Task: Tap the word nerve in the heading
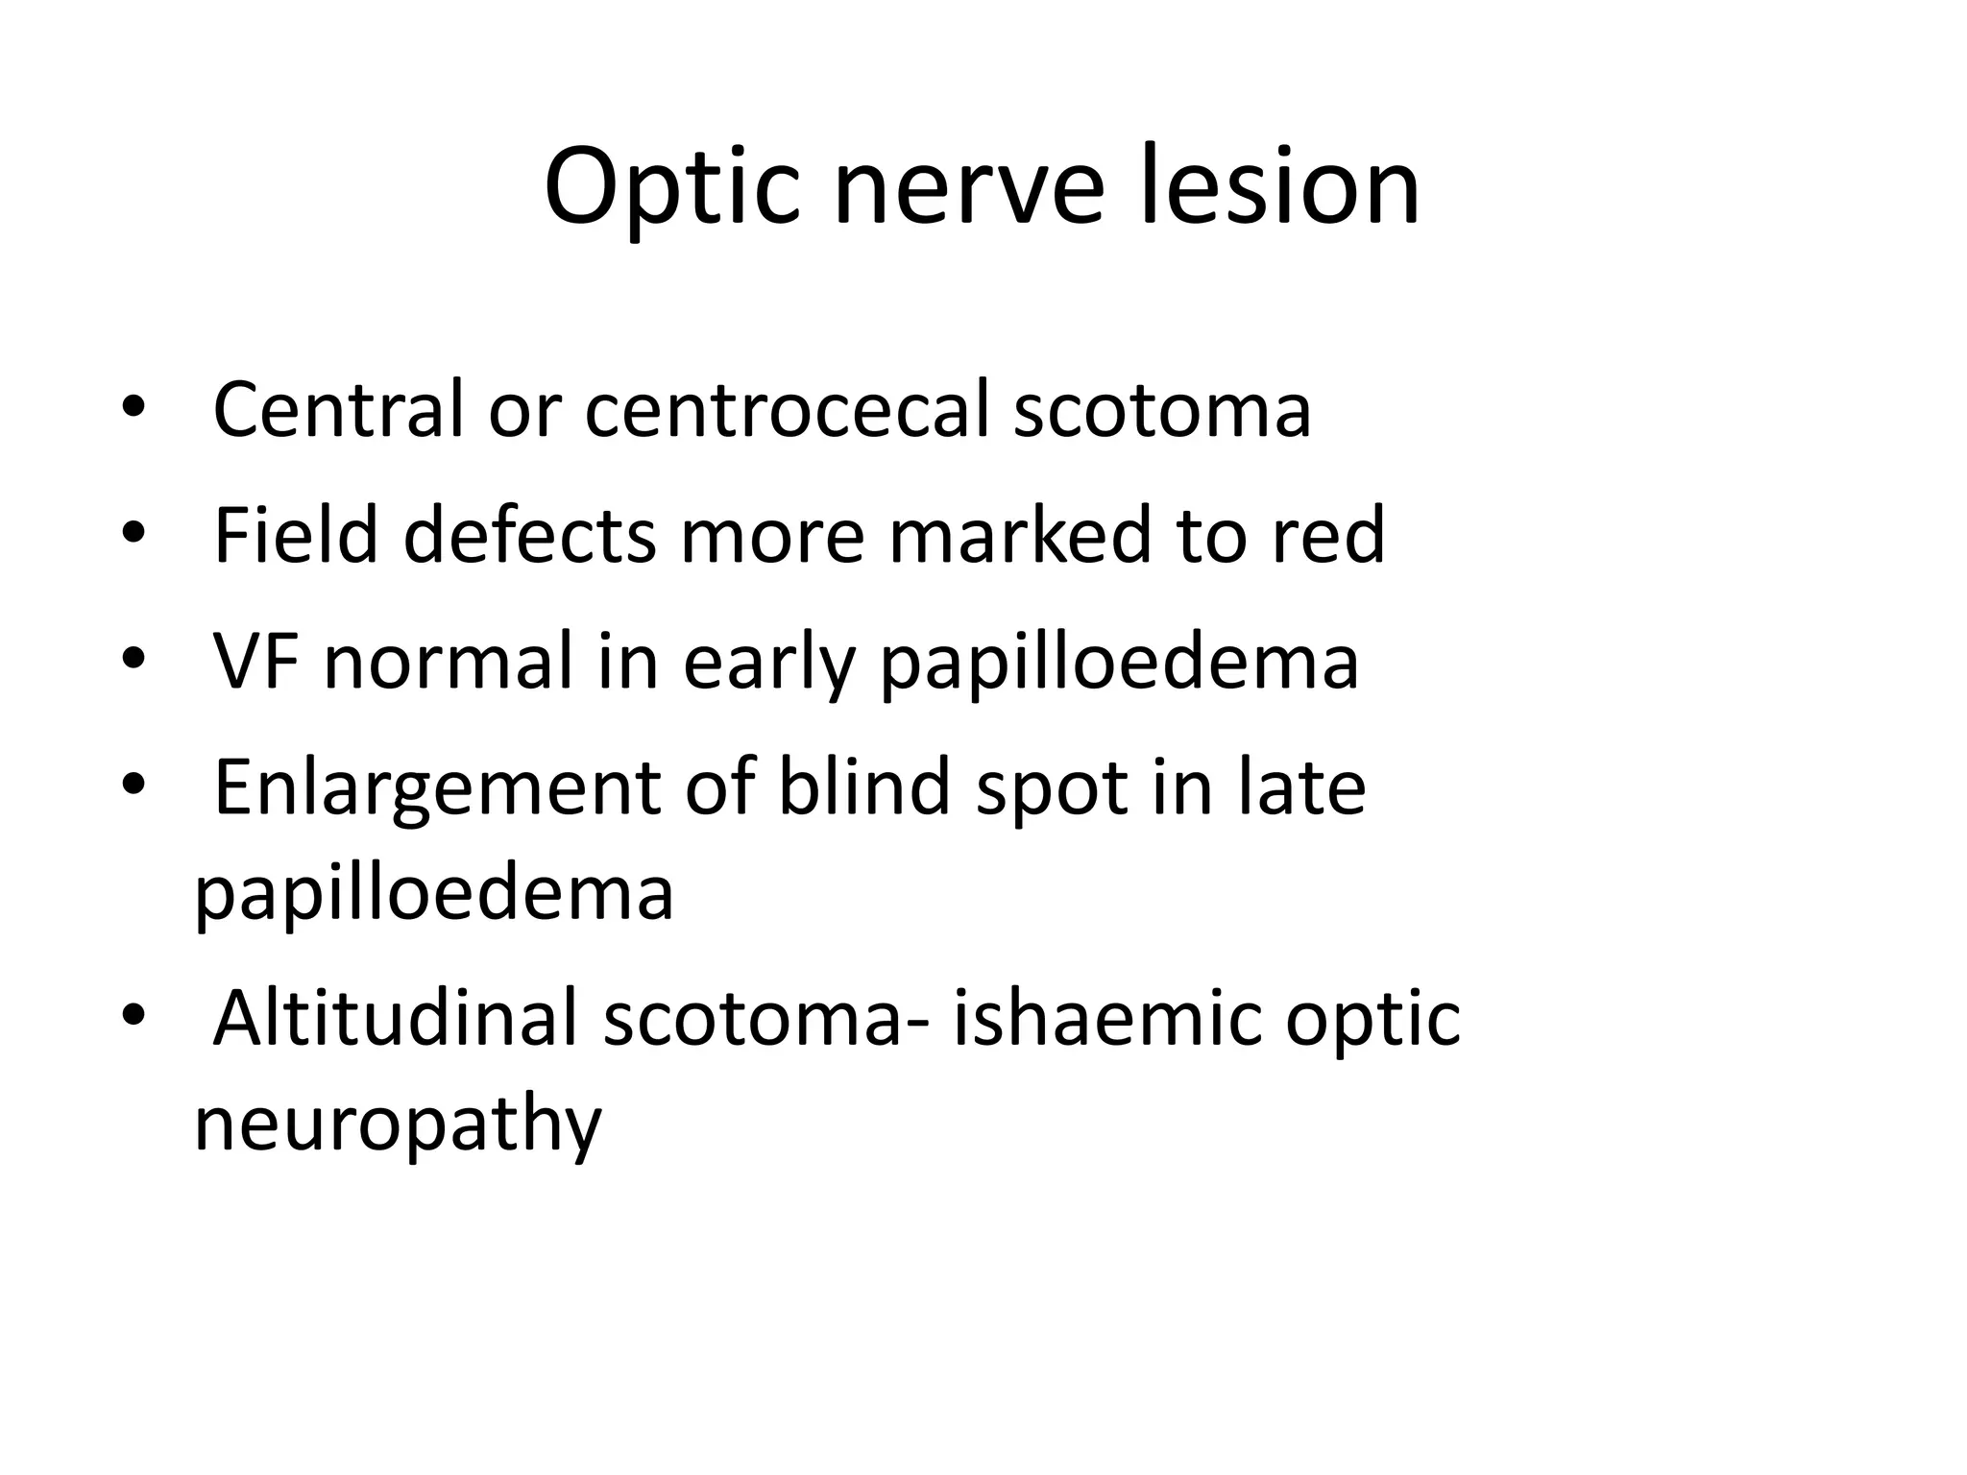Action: pyautogui.click(x=970, y=186)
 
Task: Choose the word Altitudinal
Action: pyautogui.click(x=395, y=1018)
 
